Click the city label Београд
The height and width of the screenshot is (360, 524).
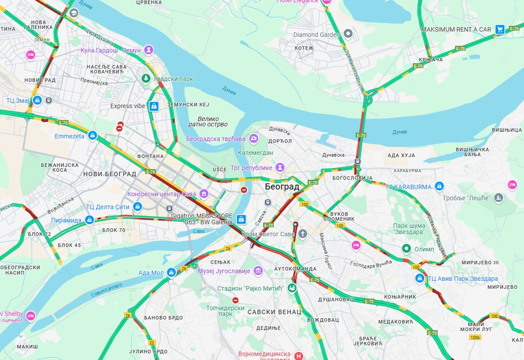282,187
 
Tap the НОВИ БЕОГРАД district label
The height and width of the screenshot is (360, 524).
109,174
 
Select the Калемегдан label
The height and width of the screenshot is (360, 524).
256,152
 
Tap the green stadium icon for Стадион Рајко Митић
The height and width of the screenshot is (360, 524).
291,288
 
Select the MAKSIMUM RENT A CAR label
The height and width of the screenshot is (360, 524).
456,29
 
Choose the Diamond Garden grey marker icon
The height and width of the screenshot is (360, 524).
348,34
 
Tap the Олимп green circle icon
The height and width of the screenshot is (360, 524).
407,249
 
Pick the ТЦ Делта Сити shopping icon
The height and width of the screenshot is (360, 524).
138,207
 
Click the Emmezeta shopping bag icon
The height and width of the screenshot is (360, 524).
93,135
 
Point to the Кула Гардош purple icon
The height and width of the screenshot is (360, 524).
149,50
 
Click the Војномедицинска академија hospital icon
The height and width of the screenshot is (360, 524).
299,355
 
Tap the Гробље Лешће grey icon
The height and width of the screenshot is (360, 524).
498,198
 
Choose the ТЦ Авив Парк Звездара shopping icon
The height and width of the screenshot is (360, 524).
420,278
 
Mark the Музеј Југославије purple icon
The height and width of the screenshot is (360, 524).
258,271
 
